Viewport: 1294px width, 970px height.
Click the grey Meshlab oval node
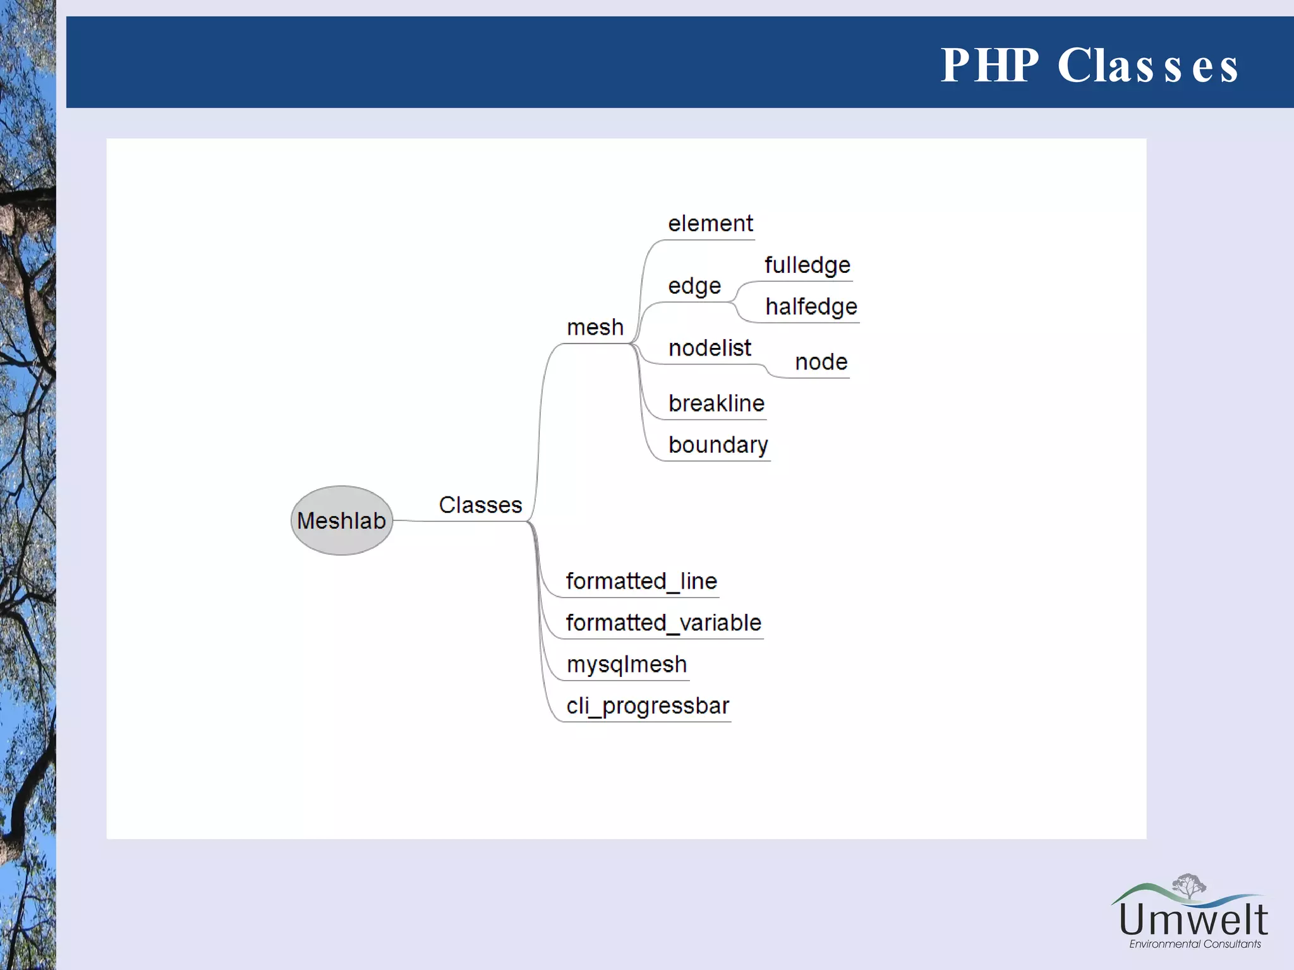coord(342,520)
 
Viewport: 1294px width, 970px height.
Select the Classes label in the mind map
coord(480,505)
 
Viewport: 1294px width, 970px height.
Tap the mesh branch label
coord(595,328)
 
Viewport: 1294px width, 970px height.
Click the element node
coord(710,224)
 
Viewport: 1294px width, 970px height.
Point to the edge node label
coord(694,286)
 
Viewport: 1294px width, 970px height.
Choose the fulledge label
coord(807,265)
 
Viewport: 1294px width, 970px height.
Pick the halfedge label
coord(811,307)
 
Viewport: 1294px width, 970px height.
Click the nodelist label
coord(710,348)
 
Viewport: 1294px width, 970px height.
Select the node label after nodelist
coord(821,362)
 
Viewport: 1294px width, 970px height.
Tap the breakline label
coord(717,404)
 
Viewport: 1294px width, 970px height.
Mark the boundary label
coord(718,445)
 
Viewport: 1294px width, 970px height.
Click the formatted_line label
coord(641,581)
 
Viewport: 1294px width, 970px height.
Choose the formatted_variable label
coord(663,623)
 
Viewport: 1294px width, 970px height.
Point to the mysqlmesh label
coord(627,664)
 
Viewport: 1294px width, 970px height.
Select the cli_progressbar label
coord(648,706)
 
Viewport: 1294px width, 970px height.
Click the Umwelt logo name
coord(1193,920)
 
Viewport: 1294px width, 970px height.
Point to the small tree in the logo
coord(1189,885)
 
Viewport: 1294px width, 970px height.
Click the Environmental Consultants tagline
coord(1195,944)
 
